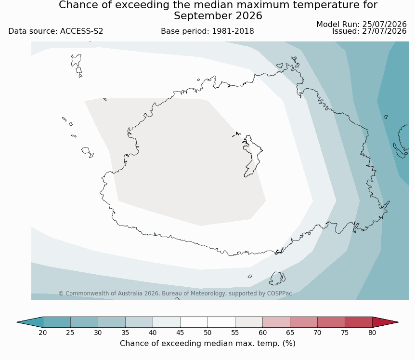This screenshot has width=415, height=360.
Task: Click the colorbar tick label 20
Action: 43,333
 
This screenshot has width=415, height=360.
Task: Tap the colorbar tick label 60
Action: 262,333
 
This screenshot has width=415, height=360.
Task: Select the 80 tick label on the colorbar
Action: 372,333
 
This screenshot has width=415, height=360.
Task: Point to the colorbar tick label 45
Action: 180,333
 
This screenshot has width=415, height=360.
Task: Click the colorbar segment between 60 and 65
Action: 276,322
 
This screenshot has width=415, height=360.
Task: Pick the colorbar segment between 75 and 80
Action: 358,322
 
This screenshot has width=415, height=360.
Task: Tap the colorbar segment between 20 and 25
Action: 57,322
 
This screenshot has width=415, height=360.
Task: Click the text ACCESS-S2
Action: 81,31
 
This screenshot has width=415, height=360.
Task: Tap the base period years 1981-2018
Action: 233,31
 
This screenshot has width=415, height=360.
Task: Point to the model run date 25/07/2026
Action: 384,25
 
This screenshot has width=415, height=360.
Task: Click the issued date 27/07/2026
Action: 384,31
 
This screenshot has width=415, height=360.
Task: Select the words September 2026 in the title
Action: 218,16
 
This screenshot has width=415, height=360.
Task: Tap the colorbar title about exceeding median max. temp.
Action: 207,344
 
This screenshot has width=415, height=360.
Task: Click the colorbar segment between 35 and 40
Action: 139,322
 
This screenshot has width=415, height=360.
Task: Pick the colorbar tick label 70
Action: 317,333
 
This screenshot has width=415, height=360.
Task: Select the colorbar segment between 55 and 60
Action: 249,322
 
